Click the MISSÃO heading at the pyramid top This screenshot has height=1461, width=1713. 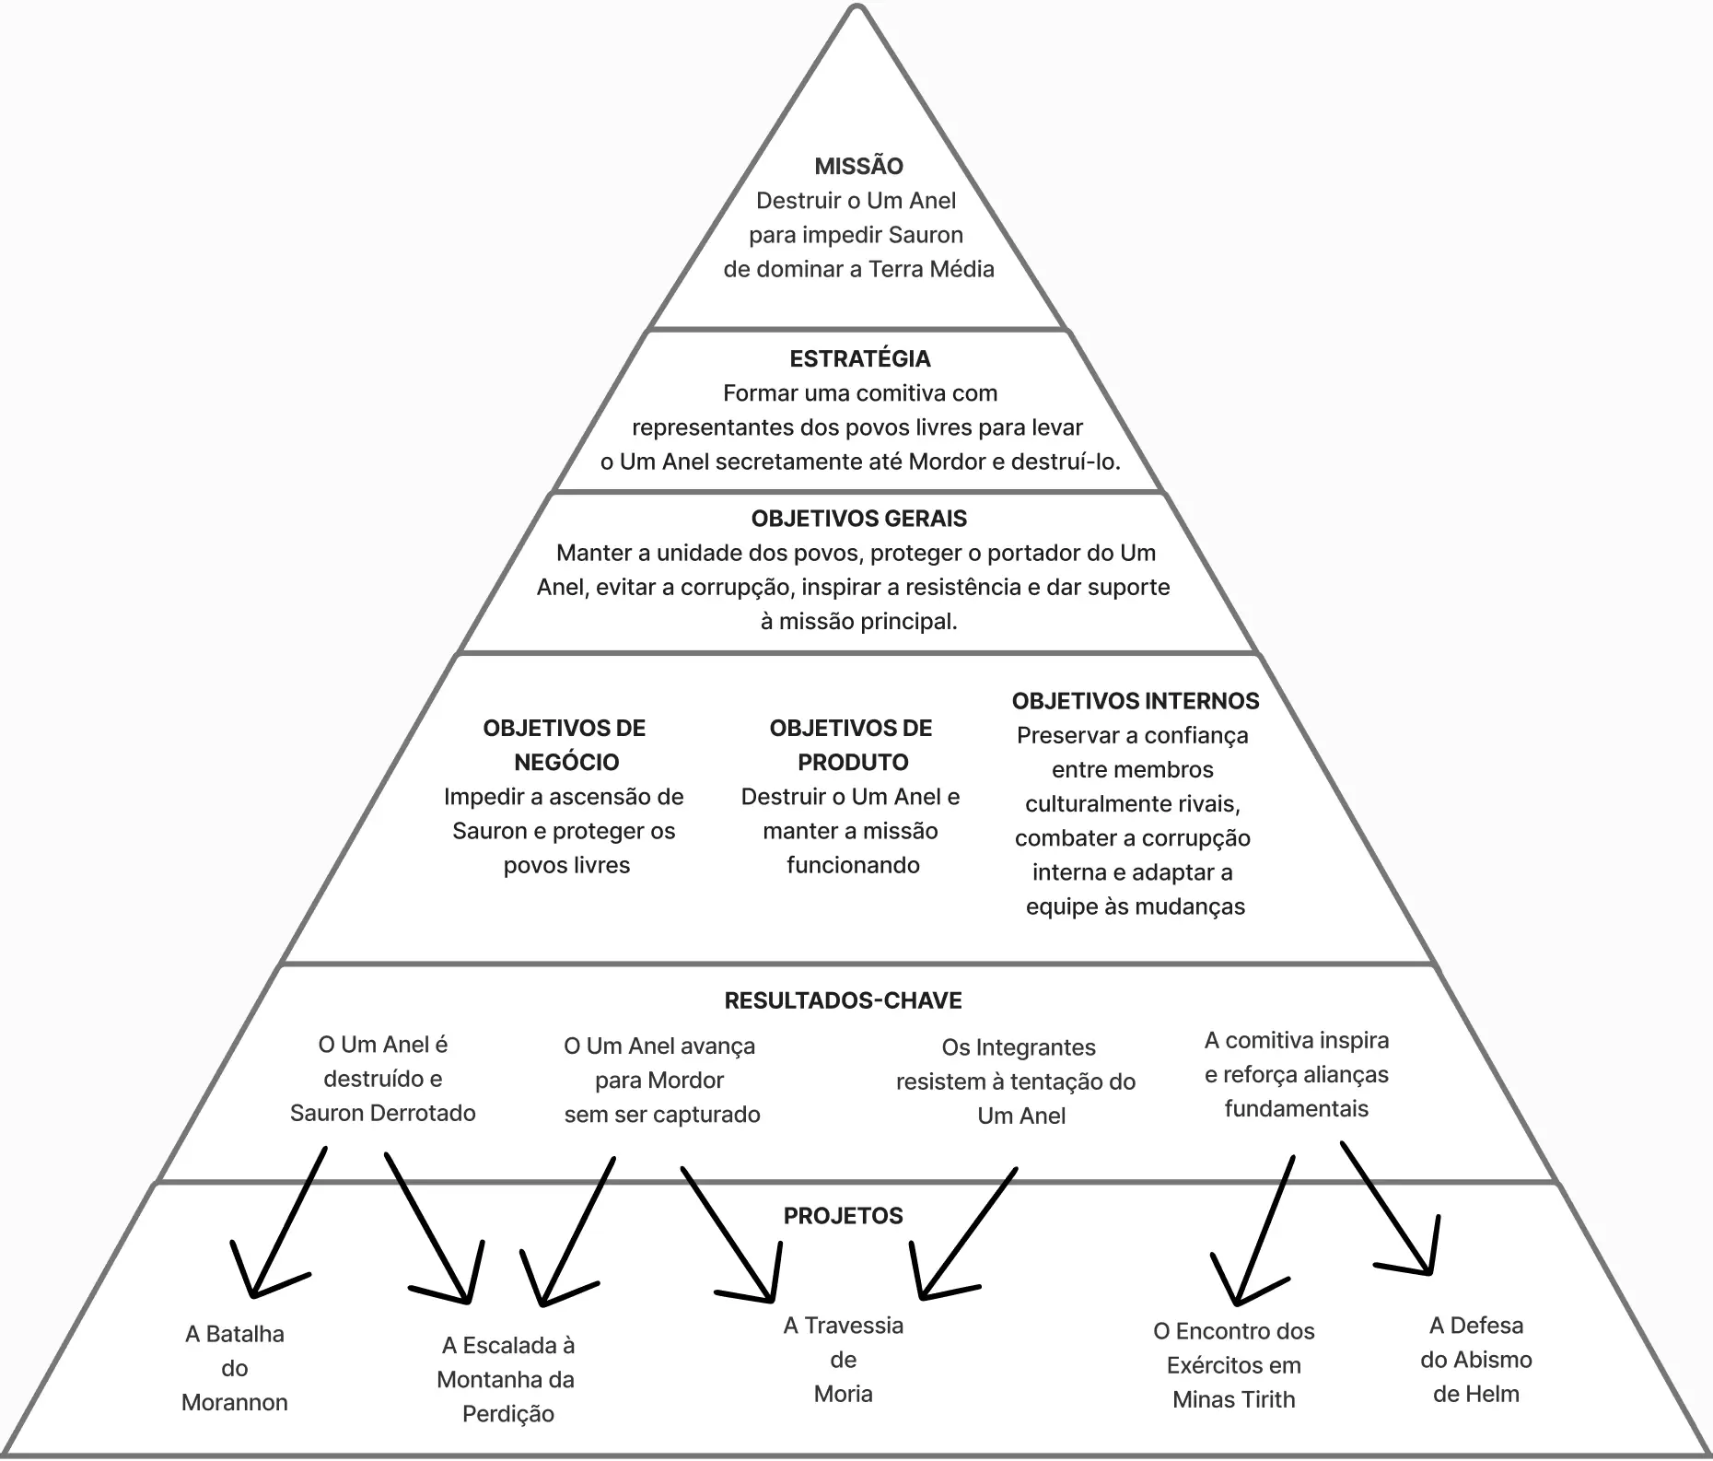[858, 166]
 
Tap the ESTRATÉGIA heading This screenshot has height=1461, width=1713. [859, 358]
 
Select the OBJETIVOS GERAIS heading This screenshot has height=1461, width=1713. [858, 519]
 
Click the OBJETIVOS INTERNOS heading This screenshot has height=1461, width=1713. [1135, 701]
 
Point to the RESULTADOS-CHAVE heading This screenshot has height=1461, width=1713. [843, 1000]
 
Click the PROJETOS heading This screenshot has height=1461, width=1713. [843, 1216]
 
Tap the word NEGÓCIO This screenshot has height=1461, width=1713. [565, 762]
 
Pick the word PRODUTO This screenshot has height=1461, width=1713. [852, 762]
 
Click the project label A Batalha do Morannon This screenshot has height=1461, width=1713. [235, 1368]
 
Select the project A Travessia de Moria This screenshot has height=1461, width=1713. [843, 1360]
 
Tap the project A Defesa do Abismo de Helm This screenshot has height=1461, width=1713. [1475, 1360]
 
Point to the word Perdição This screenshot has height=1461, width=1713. [507, 1414]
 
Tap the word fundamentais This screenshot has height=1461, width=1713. [1296, 1108]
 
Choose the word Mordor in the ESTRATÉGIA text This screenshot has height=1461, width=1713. [948, 462]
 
